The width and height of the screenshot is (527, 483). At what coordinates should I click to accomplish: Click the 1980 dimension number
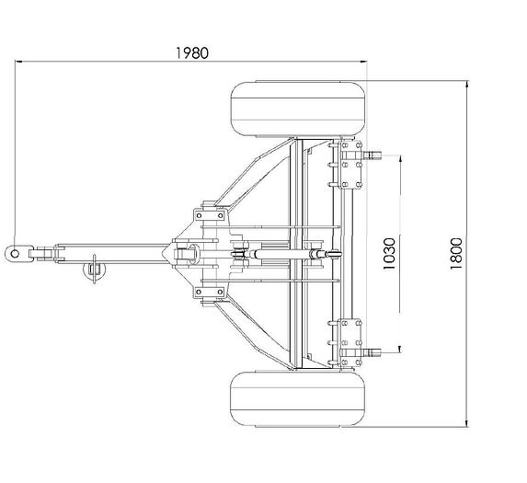click(x=192, y=53)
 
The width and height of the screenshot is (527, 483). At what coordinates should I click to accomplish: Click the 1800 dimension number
click(x=456, y=253)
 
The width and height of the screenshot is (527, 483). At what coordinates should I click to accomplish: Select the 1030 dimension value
click(x=389, y=253)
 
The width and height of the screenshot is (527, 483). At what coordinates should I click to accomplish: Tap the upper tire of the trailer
click(x=298, y=109)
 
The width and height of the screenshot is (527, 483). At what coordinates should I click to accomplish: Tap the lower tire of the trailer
click(x=298, y=398)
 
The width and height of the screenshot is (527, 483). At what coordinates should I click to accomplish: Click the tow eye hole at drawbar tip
click(x=15, y=253)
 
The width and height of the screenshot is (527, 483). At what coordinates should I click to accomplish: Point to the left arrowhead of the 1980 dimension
click(x=18, y=62)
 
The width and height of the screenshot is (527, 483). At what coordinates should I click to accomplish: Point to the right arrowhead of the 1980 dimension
click(x=363, y=62)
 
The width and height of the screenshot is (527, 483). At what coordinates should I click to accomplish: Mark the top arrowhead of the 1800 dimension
click(x=466, y=85)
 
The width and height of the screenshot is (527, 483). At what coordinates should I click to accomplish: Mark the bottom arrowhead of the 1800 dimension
click(x=466, y=423)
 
